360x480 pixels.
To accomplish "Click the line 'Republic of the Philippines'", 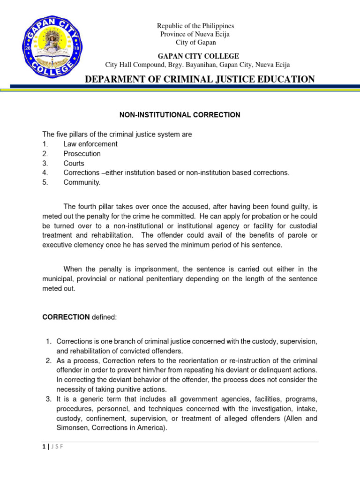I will (195, 26).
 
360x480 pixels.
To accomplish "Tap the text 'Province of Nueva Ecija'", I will (195, 34).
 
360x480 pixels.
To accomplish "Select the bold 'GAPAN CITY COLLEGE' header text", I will (195, 56).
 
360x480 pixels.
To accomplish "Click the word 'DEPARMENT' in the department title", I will (111, 79).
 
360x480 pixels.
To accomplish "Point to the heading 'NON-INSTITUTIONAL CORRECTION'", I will (180, 115).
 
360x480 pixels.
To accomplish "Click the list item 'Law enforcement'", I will (90, 144).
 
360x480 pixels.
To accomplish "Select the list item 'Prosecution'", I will (82, 153).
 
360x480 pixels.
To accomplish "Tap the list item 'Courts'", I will (74, 163).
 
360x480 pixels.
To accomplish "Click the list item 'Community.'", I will (82, 182).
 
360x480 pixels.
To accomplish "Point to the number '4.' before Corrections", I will (45, 172).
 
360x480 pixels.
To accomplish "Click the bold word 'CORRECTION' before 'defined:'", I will (66, 317).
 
